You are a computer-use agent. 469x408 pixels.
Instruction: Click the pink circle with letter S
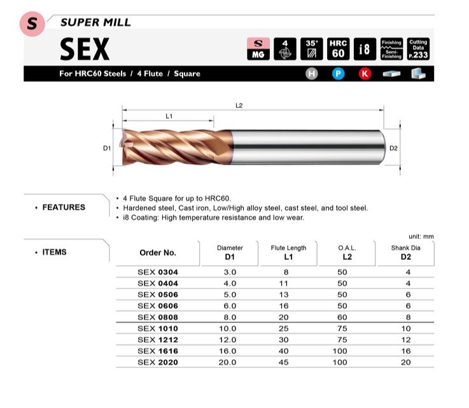[32, 24]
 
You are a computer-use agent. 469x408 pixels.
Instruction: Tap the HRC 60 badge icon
[338, 49]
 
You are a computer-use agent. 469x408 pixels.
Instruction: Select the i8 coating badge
[365, 49]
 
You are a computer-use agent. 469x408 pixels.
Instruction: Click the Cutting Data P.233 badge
[418, 49]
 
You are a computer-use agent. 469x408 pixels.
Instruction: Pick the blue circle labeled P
[339, 74]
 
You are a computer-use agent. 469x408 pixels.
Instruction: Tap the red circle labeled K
[365, 74]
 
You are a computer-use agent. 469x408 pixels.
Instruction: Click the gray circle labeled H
[312, 74]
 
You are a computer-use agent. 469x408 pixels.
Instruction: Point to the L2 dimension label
[239, 105]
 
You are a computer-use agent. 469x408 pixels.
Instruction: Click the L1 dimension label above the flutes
[169, 116]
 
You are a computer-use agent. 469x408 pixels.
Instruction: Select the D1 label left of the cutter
[107, 148]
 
